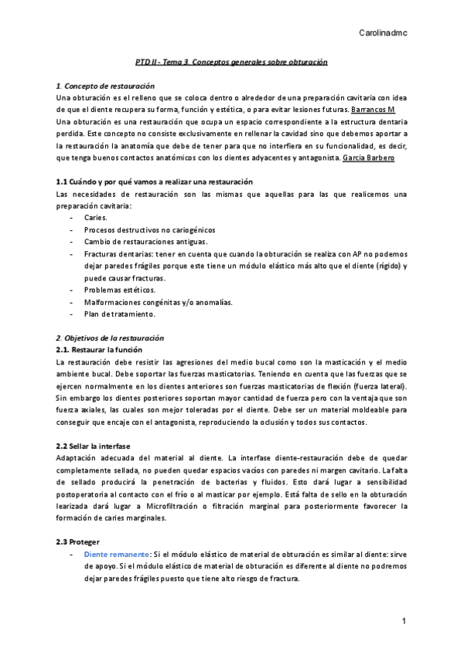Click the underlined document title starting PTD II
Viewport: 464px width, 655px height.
(227, 61)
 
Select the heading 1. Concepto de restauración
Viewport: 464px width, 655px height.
(106, 85)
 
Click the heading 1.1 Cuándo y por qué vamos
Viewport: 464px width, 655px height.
(134, 182)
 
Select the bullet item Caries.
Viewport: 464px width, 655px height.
(97, 218)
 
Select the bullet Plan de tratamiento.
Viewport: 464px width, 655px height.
(120, 314)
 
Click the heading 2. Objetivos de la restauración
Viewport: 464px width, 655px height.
(110, 338)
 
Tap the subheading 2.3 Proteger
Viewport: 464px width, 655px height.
(79, 543)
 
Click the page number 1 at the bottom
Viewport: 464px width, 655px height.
(404, 622)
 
